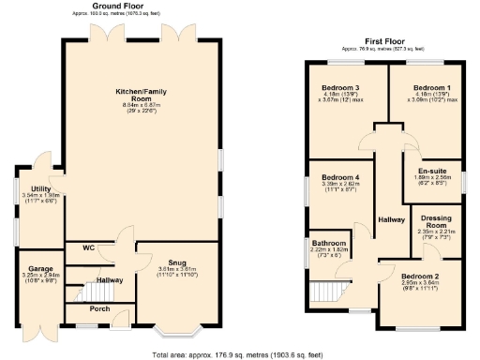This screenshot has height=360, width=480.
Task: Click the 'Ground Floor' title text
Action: coord(115,5)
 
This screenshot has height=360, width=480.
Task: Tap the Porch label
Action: coord(99,308)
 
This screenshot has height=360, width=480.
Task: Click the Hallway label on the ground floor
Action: coord(110,279)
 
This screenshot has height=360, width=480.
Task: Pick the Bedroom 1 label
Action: coord(432,86)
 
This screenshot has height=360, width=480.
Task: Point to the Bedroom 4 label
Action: coord(339,177)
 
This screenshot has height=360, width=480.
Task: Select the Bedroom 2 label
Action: coord(420,276)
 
